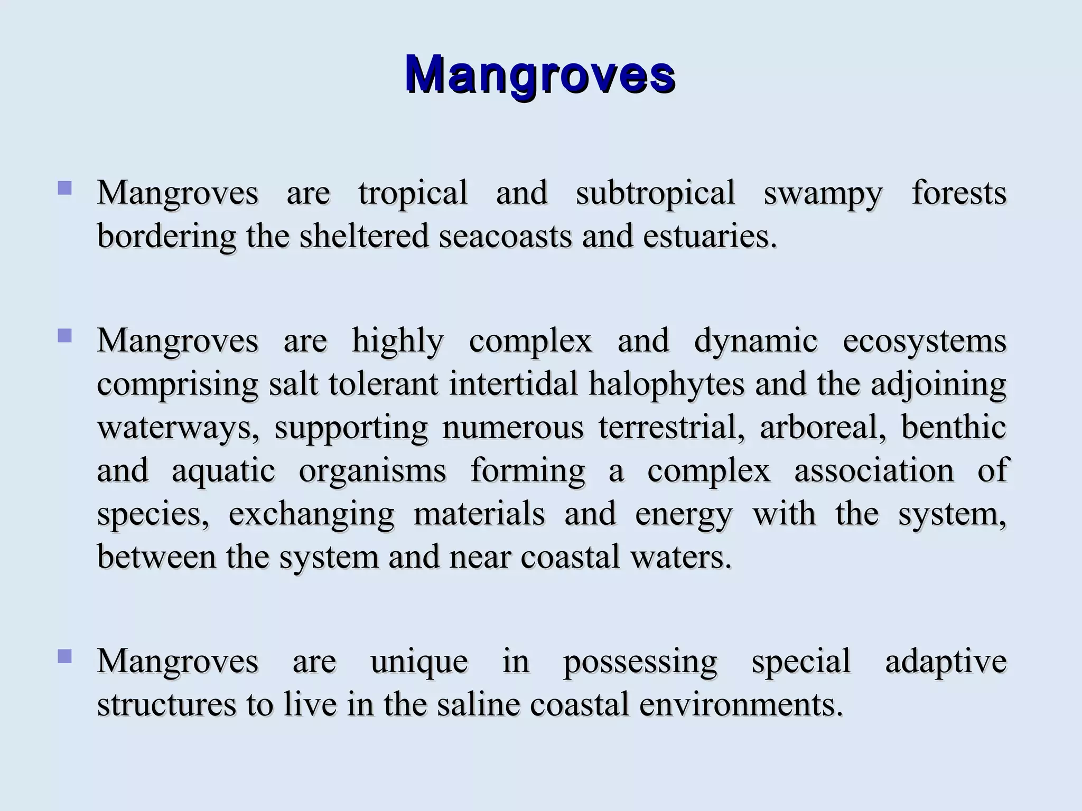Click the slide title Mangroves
coord(540,74)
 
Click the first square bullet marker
coord(65,188)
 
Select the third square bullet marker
coord(65,656)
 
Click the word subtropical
coord(655,193)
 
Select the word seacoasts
coord(505,236)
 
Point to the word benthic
coord(953,427)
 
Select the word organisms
coord(372,471)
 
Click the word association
coord(874,470)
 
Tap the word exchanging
coord(311,515)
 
